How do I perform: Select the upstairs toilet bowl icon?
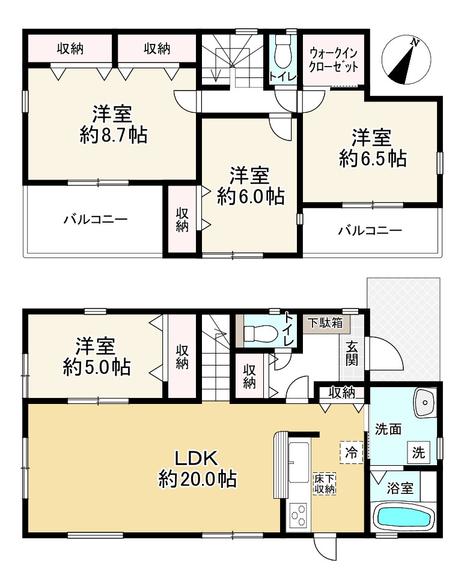[282, 55]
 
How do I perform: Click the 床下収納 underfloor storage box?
[324, 483]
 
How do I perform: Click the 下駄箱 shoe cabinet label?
[325, 322]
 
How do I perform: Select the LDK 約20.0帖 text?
[197, 468]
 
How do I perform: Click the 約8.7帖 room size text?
[114, 136]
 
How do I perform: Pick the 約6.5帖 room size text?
[372, 158]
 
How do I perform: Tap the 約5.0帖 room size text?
[96, 367]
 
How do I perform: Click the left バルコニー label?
[96, 220]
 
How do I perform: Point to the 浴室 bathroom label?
[399, 488]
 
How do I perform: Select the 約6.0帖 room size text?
[250, 196]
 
